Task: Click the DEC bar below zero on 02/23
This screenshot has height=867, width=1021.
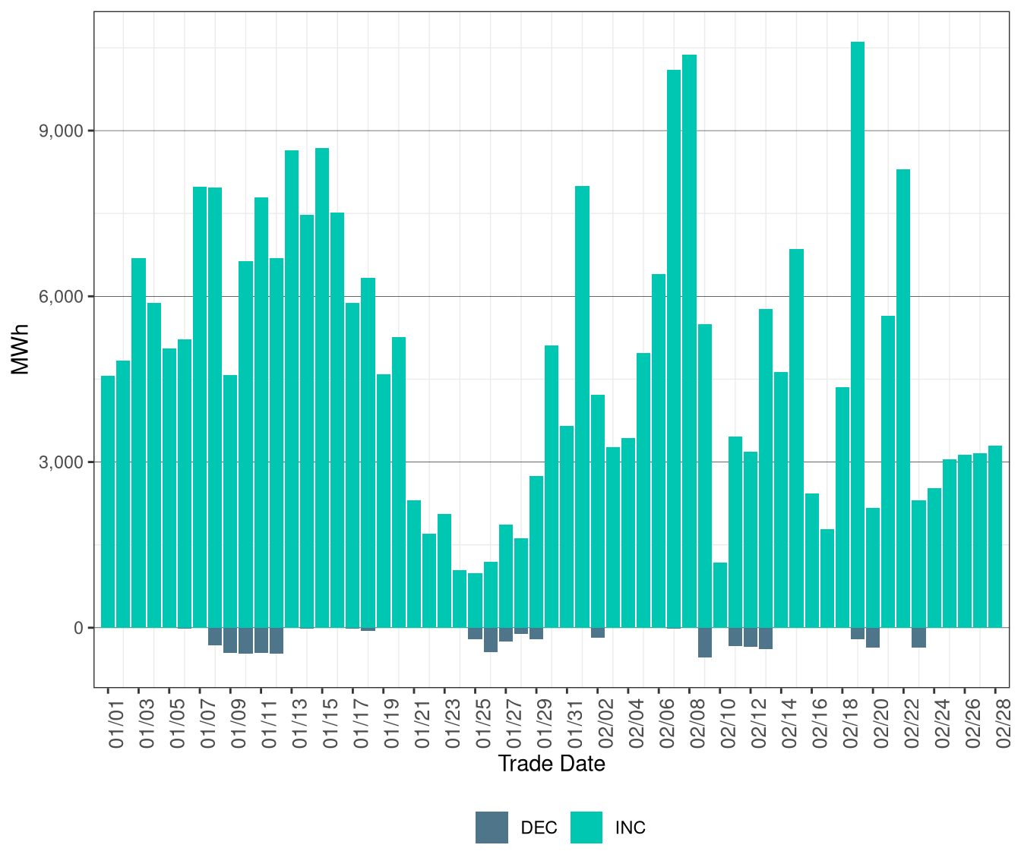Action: [x=918, y=638]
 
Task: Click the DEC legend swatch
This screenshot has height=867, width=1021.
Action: [x=492, y=828]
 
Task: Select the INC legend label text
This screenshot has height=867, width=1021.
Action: [x=630, y=828]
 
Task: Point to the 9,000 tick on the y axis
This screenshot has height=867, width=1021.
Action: [x=61, y=131]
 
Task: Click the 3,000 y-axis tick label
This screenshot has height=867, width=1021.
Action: [x=61, y=462]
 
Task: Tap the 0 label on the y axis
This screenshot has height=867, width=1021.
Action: [x=78, y=628]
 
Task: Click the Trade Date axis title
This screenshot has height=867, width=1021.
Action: [x=552, y=764]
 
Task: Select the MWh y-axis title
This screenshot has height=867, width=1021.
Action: [x=21, y=350]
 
